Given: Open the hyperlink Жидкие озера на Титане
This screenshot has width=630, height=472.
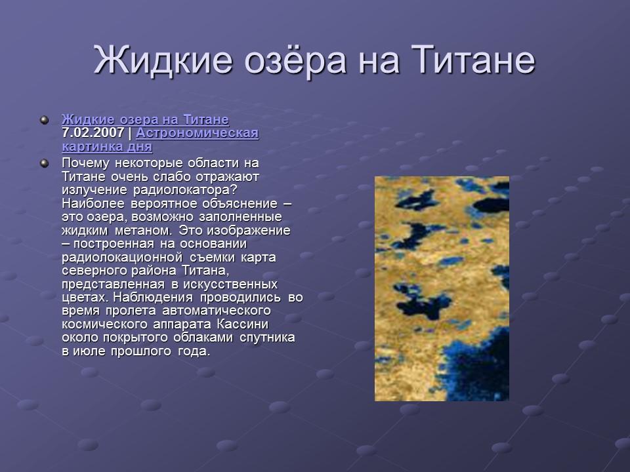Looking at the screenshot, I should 145,119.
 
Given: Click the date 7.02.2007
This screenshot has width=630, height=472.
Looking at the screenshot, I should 93,133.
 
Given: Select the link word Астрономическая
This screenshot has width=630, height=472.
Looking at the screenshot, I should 198,133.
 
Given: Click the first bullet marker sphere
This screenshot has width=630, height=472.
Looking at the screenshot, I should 44,120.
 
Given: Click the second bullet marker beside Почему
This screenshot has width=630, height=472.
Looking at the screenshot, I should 44,162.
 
